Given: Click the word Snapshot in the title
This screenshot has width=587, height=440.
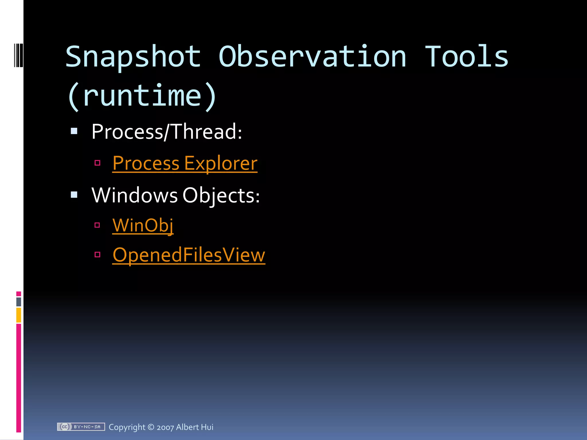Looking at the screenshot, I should [x=133, y=57].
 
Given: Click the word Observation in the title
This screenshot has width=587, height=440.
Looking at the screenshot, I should [x=312, y=57].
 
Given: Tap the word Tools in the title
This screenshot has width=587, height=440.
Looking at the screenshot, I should [x=466, y=57].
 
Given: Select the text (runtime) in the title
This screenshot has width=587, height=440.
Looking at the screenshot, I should [x=142, y=96].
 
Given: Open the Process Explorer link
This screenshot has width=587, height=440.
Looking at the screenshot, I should [x=185, y=164].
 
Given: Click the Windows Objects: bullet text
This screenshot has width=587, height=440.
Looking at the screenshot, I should [x=175, y=195].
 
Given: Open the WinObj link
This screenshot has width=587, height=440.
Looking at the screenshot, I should [x=143, y=225].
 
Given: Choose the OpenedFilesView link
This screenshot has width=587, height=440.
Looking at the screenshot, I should [x=189, y=255].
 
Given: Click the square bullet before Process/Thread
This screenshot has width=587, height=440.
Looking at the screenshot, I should [x=74, y=131].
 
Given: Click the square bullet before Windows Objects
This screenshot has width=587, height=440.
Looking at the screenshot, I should [x=74, y=195].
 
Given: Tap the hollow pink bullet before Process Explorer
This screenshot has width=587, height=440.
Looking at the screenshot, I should [x=97, y=163].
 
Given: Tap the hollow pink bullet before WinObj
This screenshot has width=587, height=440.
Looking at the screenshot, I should [x=97, y=225].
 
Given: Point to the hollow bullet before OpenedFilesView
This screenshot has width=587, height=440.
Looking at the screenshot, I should [x=97, y=254].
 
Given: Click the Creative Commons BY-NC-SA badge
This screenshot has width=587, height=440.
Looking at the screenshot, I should [x=81, y=427].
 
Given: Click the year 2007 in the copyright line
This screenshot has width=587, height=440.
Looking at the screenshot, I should [x=165, y=427].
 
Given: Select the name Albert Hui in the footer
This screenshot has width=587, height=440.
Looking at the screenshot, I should [x=195, y=427].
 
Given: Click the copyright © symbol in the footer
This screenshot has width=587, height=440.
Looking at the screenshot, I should [x=151, y=427].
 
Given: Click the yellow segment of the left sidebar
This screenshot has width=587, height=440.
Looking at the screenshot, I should [x=19, y=315].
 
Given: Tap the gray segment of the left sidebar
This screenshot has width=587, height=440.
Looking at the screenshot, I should [x=19, y=302].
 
